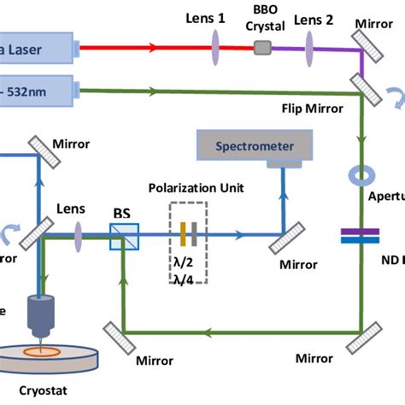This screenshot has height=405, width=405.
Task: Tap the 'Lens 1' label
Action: click(210, 16)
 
